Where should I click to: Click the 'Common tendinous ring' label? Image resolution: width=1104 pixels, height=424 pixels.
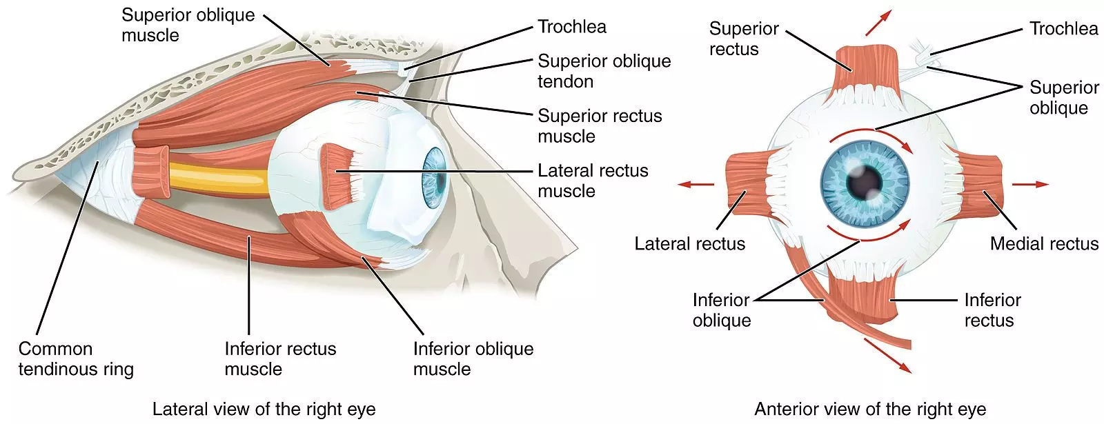[75, 359]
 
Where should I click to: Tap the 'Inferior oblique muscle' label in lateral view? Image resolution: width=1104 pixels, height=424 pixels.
[473, 359]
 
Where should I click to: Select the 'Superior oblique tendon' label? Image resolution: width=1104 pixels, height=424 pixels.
[604, 71]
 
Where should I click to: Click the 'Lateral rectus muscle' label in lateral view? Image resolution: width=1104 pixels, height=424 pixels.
[593, 181]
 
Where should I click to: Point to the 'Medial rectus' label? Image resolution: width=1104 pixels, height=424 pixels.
[1043, 243]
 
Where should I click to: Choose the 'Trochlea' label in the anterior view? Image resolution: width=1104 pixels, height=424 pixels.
[1063, 28]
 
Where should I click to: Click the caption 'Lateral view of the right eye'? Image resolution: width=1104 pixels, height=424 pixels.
[264, 409]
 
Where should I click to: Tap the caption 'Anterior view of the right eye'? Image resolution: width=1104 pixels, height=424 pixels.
[870, 409]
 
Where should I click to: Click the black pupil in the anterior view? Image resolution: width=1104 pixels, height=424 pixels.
[865, 181]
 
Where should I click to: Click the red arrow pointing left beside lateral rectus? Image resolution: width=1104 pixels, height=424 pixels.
[696, 184]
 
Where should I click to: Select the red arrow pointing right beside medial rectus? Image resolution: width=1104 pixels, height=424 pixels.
[1030, 184]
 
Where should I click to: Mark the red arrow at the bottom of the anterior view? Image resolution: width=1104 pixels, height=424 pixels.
[887, 355]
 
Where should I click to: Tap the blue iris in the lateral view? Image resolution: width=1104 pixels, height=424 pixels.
[434, 179]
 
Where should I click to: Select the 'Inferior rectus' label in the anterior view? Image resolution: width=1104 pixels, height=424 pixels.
[992, 310]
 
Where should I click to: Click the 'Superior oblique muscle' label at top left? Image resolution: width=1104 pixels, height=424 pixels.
[188, 25]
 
